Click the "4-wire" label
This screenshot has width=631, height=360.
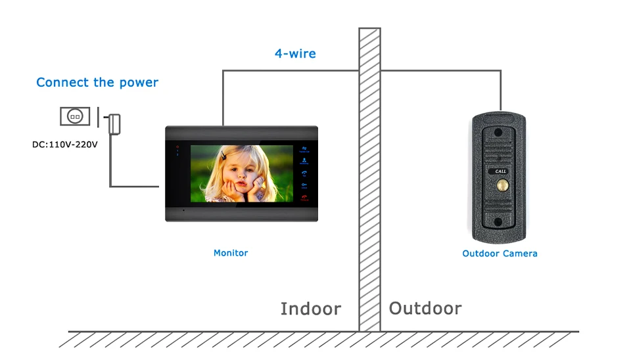click(295, 53)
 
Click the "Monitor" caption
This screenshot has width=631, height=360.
click(231, 252)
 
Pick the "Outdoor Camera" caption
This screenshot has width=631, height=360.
click(500, 254)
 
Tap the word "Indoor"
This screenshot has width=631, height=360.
click(311, 309)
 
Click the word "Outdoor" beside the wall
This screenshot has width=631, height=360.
click(425, 308)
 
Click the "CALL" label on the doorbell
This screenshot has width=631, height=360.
click(501, 171)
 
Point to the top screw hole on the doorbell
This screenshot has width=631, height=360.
click(498, 132)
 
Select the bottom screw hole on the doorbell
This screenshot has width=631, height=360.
click(499, 221)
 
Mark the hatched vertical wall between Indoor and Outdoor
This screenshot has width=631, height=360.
click(369, 177)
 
